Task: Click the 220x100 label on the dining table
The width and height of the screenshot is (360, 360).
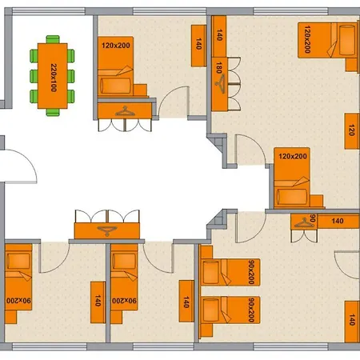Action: (x=54, y=78)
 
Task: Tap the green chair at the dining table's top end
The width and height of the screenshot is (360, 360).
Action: (x=53, y=39)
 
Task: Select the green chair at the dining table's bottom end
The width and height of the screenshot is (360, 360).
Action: (x=53, y=112)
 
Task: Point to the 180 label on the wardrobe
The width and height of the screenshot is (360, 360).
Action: (x=219, y=68)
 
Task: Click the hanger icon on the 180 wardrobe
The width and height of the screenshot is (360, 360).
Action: (x=220, y=84)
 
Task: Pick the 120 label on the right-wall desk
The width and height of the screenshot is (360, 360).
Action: (x=351, y=130)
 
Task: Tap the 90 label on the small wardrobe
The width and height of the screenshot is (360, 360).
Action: (x=313, y=218)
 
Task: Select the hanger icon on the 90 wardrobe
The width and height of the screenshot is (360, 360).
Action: (x=304, y=223)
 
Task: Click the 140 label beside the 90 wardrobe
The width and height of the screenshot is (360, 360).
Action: (x=338, y=221)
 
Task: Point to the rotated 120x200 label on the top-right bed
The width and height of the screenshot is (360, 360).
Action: (x=307, y=39)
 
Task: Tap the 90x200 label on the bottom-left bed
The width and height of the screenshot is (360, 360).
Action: (x=18, y=301)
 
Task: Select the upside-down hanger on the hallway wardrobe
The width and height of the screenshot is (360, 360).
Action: (x=107, y=231)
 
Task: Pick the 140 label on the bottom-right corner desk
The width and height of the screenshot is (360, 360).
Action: (x=352, y=320)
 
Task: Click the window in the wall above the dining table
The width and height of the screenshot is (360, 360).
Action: (x=49, y=11)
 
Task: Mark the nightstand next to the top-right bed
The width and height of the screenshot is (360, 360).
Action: (x=351, y=65)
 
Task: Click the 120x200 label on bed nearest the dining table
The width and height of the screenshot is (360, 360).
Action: (x=116, y=46)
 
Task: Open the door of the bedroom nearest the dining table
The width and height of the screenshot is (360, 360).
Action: (x=174, y=102)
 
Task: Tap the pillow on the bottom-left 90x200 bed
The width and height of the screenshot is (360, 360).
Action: (x=18, y=261)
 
